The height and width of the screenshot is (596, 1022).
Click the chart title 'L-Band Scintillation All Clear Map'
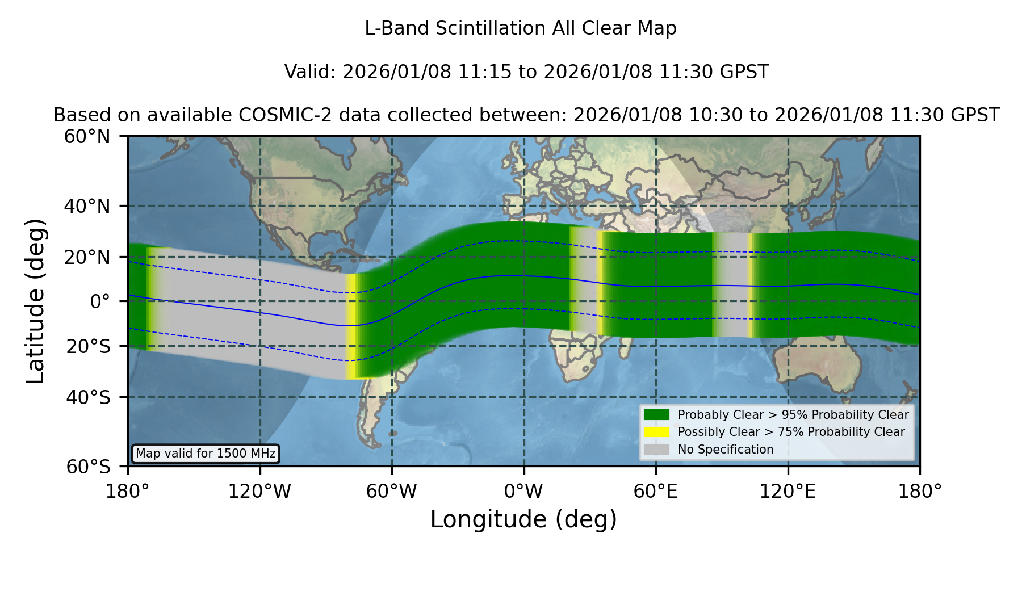(x=520, y=28)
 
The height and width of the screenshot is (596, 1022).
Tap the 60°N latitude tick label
(x=87, y=137)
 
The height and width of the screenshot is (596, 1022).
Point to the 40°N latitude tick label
(x=87, y=206)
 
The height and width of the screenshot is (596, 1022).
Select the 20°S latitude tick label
(x=89, y=346)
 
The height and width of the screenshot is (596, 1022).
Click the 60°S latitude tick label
(x=89, y=467)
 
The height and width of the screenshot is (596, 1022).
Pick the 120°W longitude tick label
(x=259, y=492)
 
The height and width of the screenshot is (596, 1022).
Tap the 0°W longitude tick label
(x=524, y=492)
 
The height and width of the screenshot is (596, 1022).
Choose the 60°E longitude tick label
(x=656, y=492)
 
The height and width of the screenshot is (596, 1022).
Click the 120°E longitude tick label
(x=788, y=492)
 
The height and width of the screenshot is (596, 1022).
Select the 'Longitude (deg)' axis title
(x=523, y=519)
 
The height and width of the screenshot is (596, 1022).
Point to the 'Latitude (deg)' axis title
(x=36, y=301)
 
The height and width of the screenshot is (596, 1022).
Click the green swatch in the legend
(x=657, y=415)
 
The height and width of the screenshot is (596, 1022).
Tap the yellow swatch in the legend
(x=657, y=432)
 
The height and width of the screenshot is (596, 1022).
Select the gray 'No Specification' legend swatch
(x=657, y=450)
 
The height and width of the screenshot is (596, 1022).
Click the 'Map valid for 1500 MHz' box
(x=206, y=454)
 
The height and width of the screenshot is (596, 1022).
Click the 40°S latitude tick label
(x=89, y=397)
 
